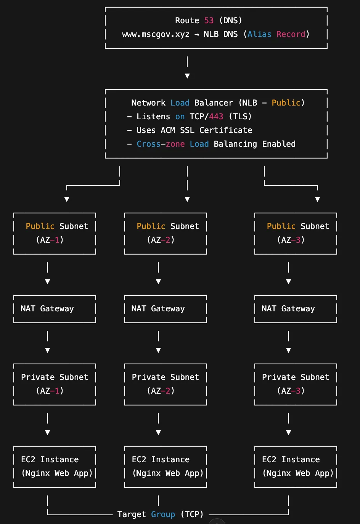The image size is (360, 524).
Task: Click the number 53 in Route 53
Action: click(x=209, y=21)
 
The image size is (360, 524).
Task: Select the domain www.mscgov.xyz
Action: click(x=156, y=34)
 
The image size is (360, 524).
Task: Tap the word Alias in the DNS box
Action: click(x=259, y=34)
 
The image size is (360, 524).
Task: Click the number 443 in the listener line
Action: click(x=216, y=117)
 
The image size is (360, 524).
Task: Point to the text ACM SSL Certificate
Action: click(x=206, y=130)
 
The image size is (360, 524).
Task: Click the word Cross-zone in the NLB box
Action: click(x=161, y=144)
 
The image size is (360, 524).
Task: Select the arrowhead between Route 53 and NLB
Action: click(x=187, y=76)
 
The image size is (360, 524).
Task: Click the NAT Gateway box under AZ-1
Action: click(x=55, y=309)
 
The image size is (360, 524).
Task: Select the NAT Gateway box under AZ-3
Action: click(x=296, y=309)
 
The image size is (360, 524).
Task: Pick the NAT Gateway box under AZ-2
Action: click(x=166, y=309)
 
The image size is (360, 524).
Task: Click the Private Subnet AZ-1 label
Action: click(x=55, y=384)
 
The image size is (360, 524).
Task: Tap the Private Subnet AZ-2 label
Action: click(x=166, y=384)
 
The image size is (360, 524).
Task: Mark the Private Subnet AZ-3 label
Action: click(x=296, y=384)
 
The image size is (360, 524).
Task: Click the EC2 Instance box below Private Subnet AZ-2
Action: click(x=166, y=466)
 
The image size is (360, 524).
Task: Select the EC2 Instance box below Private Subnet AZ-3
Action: click(x=296, y=466)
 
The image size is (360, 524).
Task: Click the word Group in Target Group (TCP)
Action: click(x=163, y=514)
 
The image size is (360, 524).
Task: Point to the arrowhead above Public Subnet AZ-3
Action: click(x=318, y=199)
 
